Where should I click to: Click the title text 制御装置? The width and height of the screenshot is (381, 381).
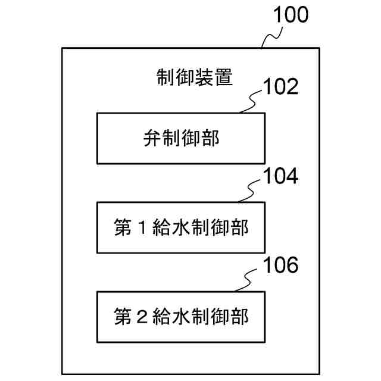[194, 77]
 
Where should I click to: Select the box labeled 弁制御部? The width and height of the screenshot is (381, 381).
[180, 138]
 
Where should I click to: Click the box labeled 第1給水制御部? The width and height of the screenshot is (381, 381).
[180, 227]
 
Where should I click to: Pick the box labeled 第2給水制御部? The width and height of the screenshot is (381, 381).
[180, 316]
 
